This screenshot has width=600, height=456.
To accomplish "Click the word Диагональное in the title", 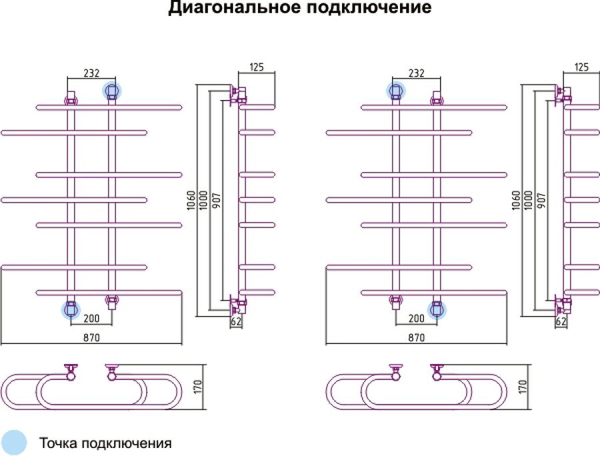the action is click(x=235, y=7).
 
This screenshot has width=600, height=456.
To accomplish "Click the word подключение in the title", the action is click(x=369, y=7).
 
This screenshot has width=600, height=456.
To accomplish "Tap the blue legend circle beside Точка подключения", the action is click(x=13, y=443).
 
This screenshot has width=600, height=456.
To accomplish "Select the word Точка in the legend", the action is click(x=59, y=443).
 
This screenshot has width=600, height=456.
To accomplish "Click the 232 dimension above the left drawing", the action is click(x=91, y=73).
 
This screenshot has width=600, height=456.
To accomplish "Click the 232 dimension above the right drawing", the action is click(x=416, y=73).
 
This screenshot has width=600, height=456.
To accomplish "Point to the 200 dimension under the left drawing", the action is click(x=91, y=318).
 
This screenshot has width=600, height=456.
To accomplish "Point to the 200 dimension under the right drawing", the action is click(x=416, y=318).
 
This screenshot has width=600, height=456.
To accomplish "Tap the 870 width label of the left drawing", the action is click(x=91, y=337).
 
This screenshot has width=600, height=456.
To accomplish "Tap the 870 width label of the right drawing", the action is click(x=416, y=337).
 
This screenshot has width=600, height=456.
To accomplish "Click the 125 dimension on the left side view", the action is click(x=257, y=67).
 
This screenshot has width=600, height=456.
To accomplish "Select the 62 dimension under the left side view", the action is click(x=236, y=321).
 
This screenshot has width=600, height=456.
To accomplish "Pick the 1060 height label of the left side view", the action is click(x=191, y=200).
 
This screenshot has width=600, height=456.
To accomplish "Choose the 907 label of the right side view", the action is click(x=541, y=200).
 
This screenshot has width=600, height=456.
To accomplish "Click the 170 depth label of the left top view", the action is click(x=198, y=387).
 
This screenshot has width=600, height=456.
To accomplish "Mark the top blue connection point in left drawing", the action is click(x=111, y=91).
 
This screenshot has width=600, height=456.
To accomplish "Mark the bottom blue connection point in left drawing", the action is click(x=71, y=309).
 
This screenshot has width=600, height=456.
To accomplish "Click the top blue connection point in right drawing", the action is click(x=396, y=91).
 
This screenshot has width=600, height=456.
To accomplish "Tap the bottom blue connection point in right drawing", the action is click(x=437, y=309).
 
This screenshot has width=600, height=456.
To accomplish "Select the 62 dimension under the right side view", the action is click(x=561, y=321).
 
